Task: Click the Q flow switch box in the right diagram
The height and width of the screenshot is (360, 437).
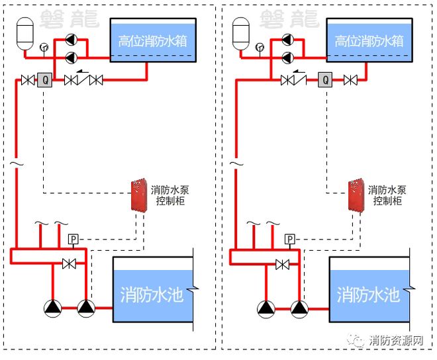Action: [x=325, y=81]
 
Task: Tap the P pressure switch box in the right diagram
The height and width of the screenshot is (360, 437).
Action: [x=290, y=239]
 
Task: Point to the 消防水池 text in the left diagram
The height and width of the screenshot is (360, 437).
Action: [x=152, y=294]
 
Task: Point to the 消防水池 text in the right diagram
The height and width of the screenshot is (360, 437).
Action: [x=368, y=294]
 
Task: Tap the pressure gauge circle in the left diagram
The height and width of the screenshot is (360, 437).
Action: [x=44, y=47]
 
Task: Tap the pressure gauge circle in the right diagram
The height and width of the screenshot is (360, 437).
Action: [x=260, y=47]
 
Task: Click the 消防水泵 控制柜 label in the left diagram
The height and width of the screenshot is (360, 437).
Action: [x=170, y=195]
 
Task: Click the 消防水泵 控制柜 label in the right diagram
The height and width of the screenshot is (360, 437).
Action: [x=387, y=195]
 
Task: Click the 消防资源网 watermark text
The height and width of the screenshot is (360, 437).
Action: [x=396, y=341]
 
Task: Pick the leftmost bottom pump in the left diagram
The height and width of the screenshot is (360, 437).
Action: [x=52, y=308]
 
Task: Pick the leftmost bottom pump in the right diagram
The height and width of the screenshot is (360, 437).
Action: [x=266, y=308]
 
